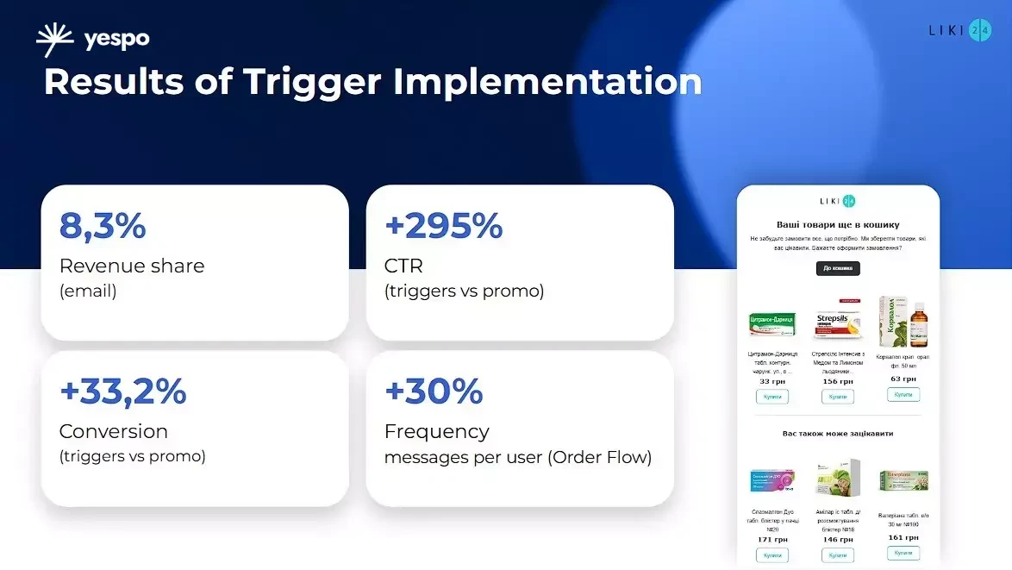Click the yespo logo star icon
tap(55, 40)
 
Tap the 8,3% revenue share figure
tap(103, 226)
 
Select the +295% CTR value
tap(443, 226)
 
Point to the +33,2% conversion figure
tap(122, 391)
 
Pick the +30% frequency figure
tap(434, 391)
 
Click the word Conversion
tap(113, 431)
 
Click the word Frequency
tap(436, 431)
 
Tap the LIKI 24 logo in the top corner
tap(959, 30)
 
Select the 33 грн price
tap(772, 381)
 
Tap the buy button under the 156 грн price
tap(837, 397)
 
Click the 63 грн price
tap(903, 379)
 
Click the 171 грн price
tap(772, 539)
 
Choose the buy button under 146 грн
tap(837, 555)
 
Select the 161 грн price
tap(903, 537)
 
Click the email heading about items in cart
tap(838, 224)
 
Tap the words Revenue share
tap(132, 266)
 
